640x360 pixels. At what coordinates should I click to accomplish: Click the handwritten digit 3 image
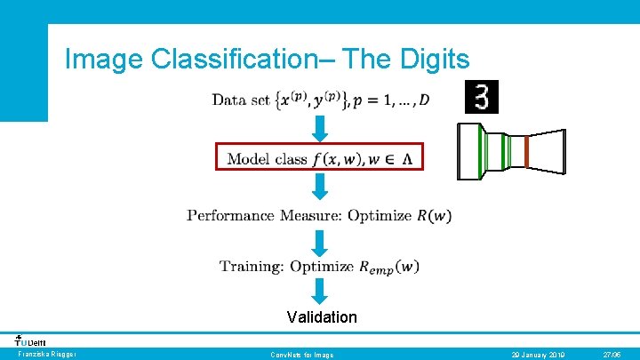482,97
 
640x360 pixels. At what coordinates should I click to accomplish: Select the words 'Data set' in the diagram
241,100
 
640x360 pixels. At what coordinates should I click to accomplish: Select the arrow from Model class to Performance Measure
320,186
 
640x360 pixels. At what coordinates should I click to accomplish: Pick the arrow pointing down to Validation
320,291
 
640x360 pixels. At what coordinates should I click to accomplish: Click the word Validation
322,317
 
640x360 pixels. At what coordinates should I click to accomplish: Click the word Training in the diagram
252,266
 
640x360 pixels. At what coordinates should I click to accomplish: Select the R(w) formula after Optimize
434,215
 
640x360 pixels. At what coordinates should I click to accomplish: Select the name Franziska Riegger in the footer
46,355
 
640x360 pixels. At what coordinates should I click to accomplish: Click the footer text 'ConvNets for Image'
302,355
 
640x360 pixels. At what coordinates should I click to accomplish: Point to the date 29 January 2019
539,355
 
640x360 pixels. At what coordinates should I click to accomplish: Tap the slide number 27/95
612,355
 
